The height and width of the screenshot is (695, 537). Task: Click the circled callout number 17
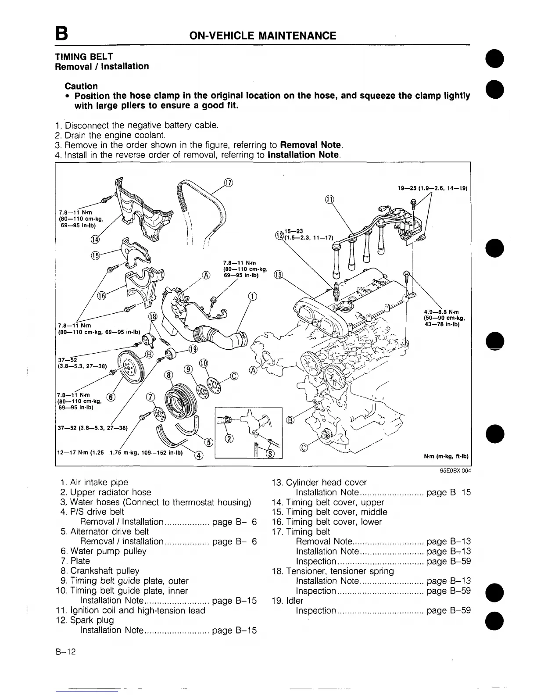[x=228, y=183]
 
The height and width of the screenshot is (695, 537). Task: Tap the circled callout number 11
[x=330, y=200]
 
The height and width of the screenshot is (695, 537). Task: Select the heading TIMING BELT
[x=84, y=57]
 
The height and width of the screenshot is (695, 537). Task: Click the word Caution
[x=81, y=86]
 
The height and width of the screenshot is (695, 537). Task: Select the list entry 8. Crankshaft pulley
[x=100, y=571]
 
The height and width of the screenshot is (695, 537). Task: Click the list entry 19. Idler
[x=287, y=601]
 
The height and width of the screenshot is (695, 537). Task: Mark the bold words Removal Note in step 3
[x=311, y=145]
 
